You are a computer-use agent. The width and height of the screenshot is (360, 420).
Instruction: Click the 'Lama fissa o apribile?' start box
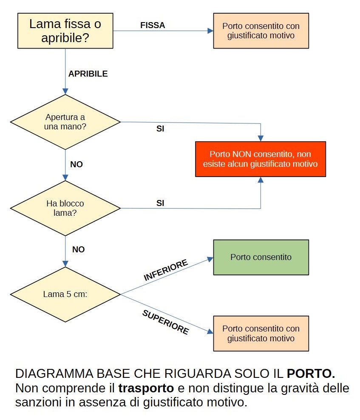65,31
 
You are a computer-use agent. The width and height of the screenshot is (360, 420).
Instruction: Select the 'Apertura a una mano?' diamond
65,122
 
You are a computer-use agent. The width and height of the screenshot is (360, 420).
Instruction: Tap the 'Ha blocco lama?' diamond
65,208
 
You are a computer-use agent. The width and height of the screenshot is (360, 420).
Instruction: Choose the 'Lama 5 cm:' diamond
65,294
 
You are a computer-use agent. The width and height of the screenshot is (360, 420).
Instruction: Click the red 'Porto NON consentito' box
261,159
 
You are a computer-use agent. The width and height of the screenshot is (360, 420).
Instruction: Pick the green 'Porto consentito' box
261,257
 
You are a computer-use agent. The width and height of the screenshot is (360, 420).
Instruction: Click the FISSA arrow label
153,25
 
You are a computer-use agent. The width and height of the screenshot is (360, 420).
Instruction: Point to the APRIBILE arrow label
88,74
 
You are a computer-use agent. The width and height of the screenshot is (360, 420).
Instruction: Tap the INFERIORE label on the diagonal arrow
166,271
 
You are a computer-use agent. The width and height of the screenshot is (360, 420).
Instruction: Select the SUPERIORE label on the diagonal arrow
165,322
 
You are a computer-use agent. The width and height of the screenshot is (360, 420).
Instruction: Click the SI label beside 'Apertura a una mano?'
160,129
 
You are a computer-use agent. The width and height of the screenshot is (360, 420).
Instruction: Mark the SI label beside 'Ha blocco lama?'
160,203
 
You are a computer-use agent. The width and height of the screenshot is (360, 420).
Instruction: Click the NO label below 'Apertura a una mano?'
77,164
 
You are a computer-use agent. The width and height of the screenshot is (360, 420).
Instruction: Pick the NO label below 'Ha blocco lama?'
78,249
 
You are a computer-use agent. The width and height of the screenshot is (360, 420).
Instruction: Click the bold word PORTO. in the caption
311,374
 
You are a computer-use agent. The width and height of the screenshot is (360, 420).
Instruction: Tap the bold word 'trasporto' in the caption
146,388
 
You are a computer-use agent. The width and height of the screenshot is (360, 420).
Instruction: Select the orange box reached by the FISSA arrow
261,31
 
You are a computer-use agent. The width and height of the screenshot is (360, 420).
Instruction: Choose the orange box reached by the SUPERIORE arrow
261,333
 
